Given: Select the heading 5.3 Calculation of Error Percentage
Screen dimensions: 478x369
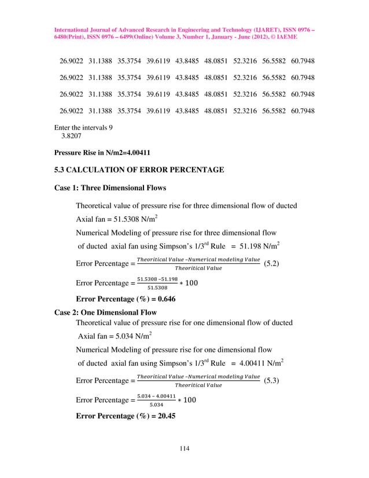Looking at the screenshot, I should [139, 170].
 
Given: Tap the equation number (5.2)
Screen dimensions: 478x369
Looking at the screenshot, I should [272, 264].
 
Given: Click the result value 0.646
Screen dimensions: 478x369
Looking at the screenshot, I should [164, 299].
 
